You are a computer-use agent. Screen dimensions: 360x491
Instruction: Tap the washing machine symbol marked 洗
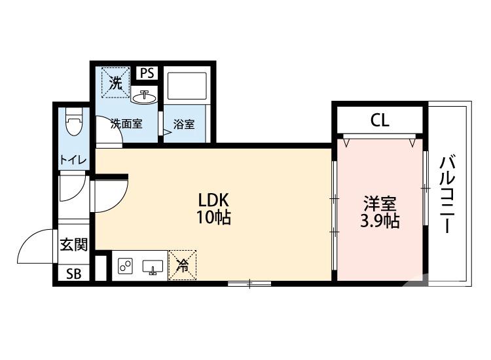click(115, 83)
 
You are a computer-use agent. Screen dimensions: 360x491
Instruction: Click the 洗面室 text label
click(126, 124)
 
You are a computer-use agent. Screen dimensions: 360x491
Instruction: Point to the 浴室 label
click(184, 124)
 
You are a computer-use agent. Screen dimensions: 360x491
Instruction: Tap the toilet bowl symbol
click(73, 122)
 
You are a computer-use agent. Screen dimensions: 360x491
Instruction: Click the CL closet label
click(380, 120)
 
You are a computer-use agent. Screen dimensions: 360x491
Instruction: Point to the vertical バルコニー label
click(447, 194)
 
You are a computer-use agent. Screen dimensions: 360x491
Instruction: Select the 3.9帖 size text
click(380, 221)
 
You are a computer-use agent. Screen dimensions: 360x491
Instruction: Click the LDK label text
click(213, 200)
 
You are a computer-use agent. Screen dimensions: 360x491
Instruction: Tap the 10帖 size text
click(213, 218)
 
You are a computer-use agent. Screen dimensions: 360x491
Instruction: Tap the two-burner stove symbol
click(125, 266)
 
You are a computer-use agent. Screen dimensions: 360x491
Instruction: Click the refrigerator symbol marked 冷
click(183, 266)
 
